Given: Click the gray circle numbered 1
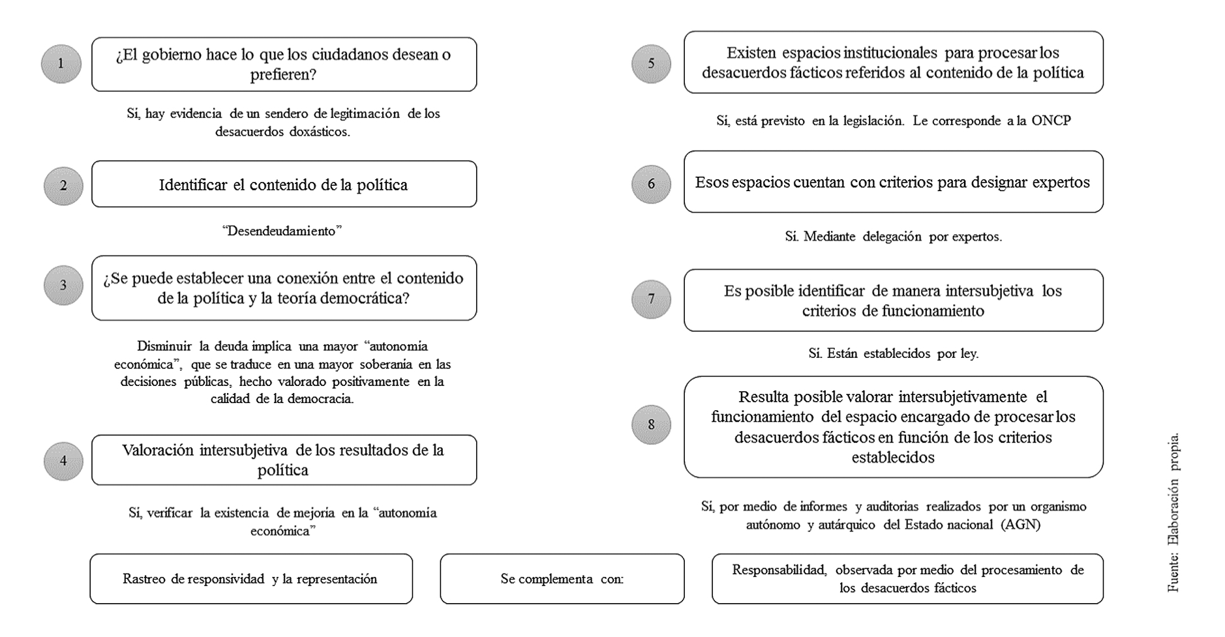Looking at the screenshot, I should (61, 64).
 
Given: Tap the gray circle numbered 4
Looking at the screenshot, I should (63, 461).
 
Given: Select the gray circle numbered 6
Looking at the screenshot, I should (651, 184).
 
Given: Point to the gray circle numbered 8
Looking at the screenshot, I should (651, 424).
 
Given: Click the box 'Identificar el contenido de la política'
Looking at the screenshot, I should (284, 185).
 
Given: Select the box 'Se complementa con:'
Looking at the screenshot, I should (562, 579).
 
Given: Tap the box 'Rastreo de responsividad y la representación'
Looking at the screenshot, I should (250, 579).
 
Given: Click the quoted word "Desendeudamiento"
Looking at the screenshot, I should (282, 231).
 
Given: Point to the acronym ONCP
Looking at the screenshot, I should (1051, 121).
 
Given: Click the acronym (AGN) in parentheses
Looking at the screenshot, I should (1021, 524).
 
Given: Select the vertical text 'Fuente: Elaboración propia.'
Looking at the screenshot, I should (1173, 512).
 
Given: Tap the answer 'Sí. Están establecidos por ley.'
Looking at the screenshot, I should (893, 353).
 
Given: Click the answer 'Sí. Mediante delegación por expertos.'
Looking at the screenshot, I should (893, 237).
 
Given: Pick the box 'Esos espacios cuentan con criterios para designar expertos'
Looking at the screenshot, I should (893, 182).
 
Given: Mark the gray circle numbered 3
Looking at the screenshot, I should (63, 285).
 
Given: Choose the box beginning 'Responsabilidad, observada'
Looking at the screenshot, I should (907, 579).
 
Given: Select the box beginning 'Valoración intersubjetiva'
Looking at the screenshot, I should (284, 460).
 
